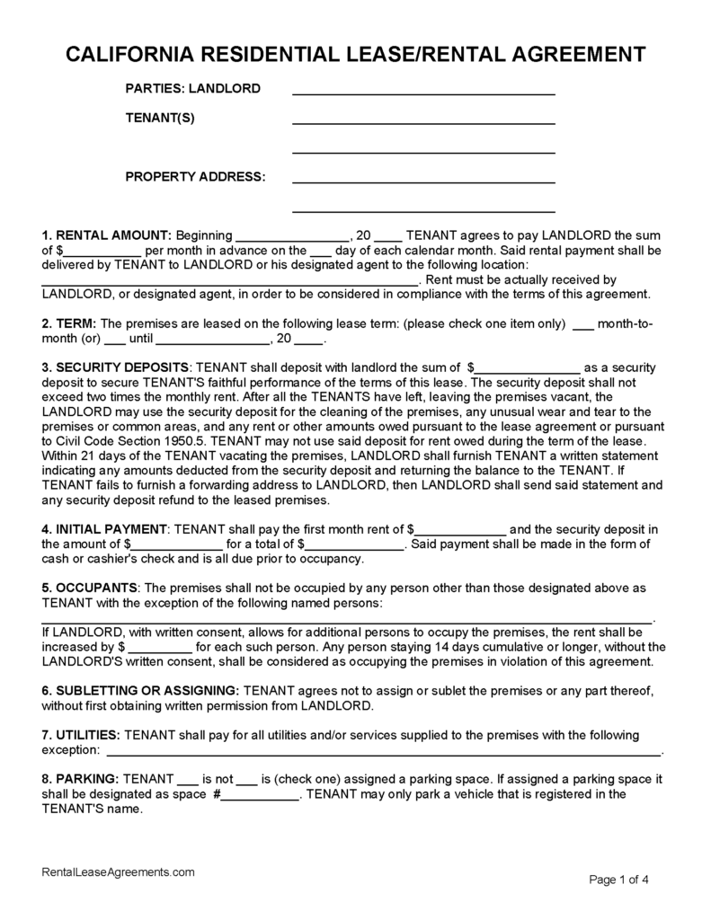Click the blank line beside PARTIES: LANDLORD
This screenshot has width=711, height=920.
423,91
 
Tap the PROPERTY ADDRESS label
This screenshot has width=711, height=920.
195,177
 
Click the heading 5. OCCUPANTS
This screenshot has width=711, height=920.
90,588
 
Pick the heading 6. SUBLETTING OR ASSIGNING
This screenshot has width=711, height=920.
141,690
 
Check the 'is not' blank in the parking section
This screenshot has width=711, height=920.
188,778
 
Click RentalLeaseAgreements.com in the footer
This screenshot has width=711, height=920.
119,872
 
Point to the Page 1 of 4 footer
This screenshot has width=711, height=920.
618,879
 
